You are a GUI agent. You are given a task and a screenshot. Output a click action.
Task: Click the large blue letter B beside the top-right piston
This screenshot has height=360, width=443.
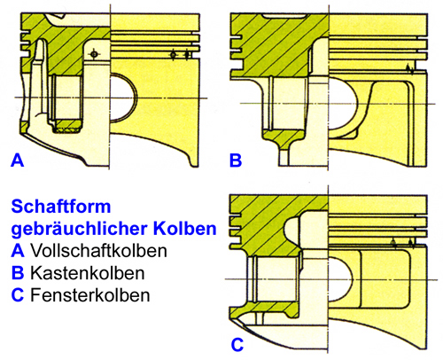pyautogui.click(x=236, y=160)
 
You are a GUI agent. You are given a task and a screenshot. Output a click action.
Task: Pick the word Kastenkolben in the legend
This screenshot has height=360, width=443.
pyautogui.click(x=80, y=271)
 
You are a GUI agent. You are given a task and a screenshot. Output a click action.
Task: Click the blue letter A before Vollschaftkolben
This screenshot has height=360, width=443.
pyautogui.click(x=15, y=250)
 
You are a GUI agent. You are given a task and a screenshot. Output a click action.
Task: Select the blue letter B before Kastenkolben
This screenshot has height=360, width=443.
pyautogui.click(x=15, y=271)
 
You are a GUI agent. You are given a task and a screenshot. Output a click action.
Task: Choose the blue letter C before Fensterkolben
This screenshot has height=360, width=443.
pyautogui.click(x=15, y=293)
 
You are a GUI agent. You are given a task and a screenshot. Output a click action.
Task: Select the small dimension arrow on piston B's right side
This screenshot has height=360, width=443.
pyautogui.click(x=408, y=68)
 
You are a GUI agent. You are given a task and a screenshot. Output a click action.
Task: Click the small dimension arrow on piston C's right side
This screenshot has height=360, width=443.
pyautogui.click(x=408, y=242)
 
